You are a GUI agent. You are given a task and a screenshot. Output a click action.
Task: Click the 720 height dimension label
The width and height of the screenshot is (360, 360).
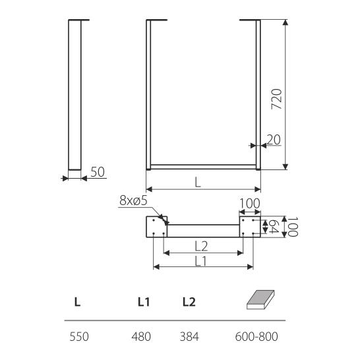click(x=276, y=99)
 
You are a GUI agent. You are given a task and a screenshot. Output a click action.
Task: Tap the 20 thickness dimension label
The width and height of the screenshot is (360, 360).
click(x=274, y=140)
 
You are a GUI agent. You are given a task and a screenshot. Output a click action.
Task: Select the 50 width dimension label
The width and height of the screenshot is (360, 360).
click(x=98, y=171)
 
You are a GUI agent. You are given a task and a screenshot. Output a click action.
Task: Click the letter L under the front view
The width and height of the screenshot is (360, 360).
click(x=198, y=183)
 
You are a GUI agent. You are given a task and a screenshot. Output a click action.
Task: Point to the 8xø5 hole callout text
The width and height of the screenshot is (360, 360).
click(x=133, y=200)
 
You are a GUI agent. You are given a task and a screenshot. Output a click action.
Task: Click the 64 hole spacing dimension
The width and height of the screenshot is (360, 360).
click(x=273, y=226)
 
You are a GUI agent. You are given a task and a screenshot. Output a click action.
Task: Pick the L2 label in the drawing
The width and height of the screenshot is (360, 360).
click(x=201, y=247)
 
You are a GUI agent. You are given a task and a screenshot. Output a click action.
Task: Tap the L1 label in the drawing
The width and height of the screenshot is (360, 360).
click(x=201, y=261)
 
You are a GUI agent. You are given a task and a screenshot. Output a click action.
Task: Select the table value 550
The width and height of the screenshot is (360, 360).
click(x=79, y=337)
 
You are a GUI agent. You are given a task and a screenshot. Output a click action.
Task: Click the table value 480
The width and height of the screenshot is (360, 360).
click(x=141, y=337)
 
